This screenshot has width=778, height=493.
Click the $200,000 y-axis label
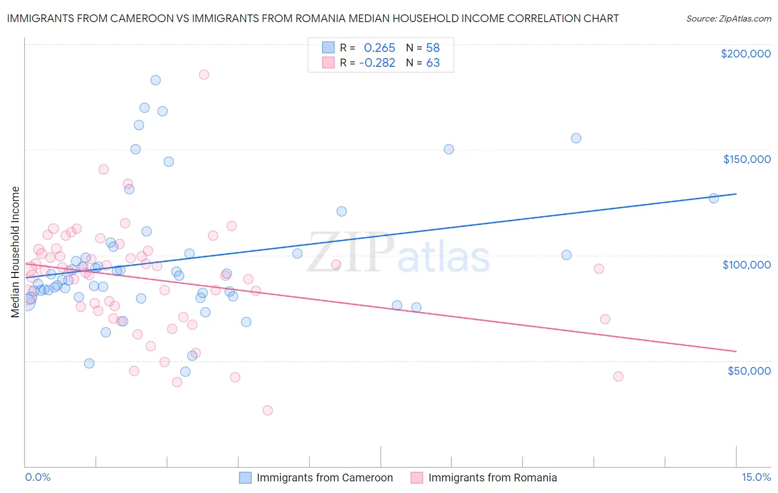[x=745, y=54]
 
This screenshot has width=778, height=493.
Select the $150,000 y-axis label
[x=746, y=159]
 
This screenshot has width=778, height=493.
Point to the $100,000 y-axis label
[x=746, y=265]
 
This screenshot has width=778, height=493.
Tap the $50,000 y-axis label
[x=749, y=370]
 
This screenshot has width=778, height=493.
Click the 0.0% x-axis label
[x=38, y=477]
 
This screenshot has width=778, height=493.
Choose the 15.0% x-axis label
[x=756, y=477]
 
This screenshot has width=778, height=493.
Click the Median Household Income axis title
[x=15, y=252]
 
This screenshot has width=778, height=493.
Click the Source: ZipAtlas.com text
[x=728, y=18]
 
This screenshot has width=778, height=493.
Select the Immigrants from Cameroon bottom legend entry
[x=316, y=478]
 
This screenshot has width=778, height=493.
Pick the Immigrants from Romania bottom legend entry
[x=484, y=478]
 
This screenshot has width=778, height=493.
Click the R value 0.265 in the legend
[x=380, y=48]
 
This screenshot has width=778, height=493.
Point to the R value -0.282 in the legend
[x=377, y=62]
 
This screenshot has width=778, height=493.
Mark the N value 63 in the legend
[x=433, y=62]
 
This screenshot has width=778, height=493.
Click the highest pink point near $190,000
[x=204, y=75]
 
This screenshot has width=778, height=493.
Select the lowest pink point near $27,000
[x=267, y=410]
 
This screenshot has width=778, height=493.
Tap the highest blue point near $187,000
[x=155, y=80]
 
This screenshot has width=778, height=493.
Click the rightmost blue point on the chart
[x=714, y=198]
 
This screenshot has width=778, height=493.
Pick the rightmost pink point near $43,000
[x=618, y=376]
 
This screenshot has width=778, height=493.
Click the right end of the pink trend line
[x=736, y=351]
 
